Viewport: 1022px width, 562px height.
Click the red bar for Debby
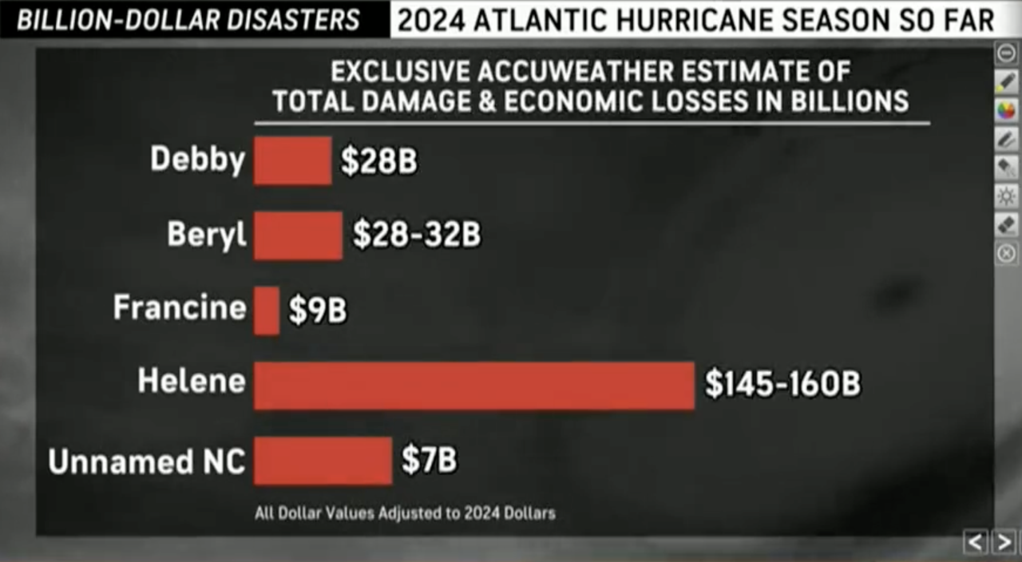(292, 160)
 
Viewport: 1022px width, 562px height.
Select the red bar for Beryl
(298, 235)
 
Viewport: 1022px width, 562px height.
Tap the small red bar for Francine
(267, 311)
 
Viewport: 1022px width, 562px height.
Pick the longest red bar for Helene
(474, 386)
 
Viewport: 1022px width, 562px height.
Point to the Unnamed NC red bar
(323, 461)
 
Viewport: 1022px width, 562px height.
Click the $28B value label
(378, 161)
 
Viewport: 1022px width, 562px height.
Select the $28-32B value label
(417, 235)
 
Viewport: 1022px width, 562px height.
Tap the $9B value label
(318, 311)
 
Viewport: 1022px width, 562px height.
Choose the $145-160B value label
(782, 384)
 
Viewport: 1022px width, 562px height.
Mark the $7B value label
(429, 461)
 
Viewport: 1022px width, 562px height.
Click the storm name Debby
(197, 160)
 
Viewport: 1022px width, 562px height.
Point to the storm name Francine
(180, 307)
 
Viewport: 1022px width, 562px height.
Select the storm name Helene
(192, 381)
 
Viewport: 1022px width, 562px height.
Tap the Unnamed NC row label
(147, 461)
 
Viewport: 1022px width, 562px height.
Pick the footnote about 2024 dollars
(405, 513)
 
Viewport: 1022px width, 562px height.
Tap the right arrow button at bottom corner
(1004, 543)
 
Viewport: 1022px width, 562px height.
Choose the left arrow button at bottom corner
(976, 543)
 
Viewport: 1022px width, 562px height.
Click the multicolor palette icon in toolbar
(1007, 110)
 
